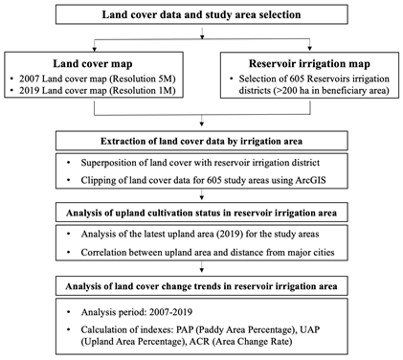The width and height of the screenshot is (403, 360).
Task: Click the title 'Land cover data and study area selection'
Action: pyautogui.click(x=201, y=14)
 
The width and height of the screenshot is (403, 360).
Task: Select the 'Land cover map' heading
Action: pyautogui.click(x=93, y=63)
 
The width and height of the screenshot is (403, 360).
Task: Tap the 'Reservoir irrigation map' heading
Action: pyautogui.click(x=309, y=63)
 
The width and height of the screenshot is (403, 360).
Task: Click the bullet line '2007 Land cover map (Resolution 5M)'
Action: pyautogui.click(x=98, y=79)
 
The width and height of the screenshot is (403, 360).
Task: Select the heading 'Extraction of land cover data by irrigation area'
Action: pyautogui.click(x=201, y=141)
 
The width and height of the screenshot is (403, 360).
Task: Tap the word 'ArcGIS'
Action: pyautogui.click(x=310, y=180)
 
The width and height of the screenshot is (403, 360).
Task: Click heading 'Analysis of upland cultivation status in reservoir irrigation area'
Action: pyautogui.click(x=201, y=213)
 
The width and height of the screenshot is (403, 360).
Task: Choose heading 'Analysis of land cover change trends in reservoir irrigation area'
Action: pyautogui.click(x=201, y=286)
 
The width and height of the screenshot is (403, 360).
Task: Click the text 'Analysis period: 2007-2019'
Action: pyautogui.click(x=137, y=312)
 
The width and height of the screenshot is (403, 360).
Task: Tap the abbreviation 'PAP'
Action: pyautogui.click(x=186, y=329)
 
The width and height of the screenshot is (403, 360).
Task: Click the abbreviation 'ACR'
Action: pyautogui.click(x=199, y=342)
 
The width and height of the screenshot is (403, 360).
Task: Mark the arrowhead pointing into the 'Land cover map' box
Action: pyautogui.click(x=94, y=50)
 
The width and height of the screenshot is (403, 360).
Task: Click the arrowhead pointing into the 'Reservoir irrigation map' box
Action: pyautogui.click(x=309, y=50)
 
